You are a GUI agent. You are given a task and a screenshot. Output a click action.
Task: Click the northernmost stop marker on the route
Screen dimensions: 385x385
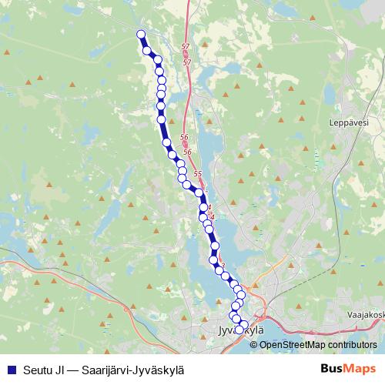[x=141, y=34]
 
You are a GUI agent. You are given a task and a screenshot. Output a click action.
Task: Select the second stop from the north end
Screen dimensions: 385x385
[x=146, y=51]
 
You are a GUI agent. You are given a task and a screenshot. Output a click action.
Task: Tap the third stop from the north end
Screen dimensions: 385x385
[x=156, y=60]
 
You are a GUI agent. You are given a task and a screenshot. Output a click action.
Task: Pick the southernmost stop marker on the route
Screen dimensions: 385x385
[x=239, y=330]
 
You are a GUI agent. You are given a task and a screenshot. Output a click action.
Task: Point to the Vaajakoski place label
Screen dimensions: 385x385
[x=365, y=315]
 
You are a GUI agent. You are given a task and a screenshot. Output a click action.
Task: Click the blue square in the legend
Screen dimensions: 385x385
[x=11, y=369]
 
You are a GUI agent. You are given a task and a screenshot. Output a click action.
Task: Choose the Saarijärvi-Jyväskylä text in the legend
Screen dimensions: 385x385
[x=136, y=369]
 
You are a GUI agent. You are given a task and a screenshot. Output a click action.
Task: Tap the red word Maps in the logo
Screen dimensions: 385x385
[x=362, y=368]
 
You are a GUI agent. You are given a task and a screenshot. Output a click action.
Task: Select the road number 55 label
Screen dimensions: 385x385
[x=197, y=175]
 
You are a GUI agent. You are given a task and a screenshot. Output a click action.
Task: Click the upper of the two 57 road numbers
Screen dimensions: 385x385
[x=186, y=48]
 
